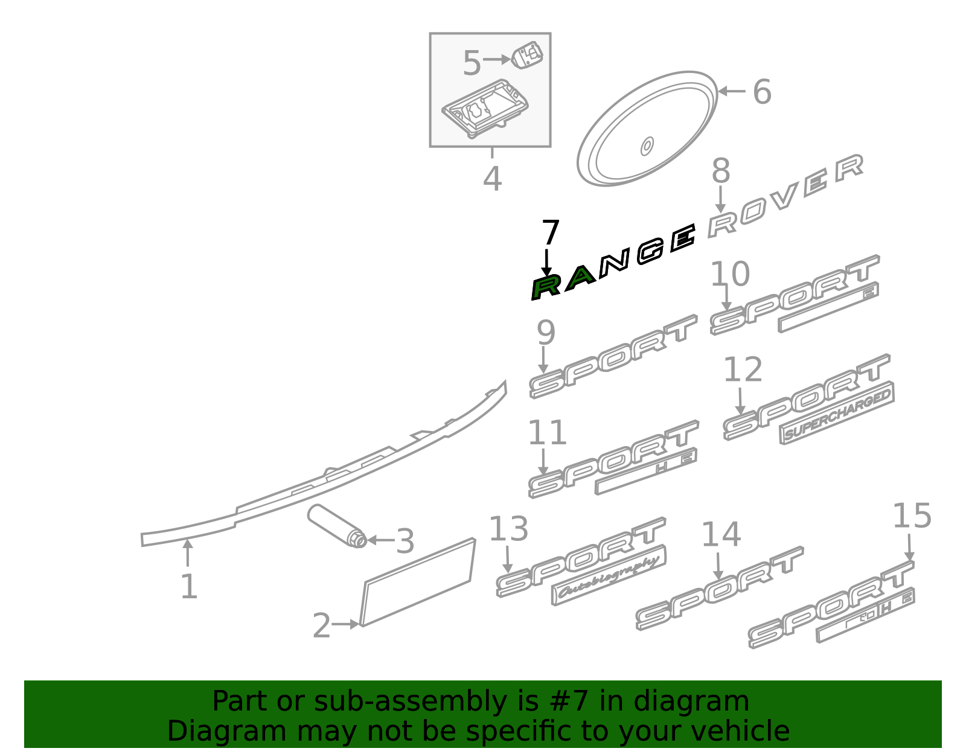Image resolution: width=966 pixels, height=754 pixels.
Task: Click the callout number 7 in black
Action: pyautogui.click(x=550, y=234)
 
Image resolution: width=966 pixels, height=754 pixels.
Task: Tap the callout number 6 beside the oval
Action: pyautogui.click(x=762, y=92)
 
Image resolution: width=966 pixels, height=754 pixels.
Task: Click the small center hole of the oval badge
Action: pyautogui.click(x=647, y=145)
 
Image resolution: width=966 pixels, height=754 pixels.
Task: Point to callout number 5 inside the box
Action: pyautogui.click(x=472, y=63)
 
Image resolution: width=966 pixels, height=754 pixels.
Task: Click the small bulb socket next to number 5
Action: pyautogui.click(x=528, y=56)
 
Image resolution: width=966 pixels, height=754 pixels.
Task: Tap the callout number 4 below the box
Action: pyautogui.click(x=492, y=179)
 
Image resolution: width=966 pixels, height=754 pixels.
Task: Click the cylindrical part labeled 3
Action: pyautogui.click(x=336, y=525)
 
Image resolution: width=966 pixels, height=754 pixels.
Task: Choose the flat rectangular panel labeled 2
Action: pyautogui.click(x=417, y=583)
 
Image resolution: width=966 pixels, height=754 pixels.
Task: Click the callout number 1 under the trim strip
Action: pyautogui.click(x=188, y=587)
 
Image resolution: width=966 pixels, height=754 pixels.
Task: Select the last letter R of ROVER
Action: pyautogui.click(x=850, y=168)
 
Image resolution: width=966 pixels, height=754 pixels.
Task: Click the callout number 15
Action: pyautogui.click(x=911, y=517)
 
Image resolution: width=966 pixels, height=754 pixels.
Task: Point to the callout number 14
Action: pyautogui.click(x=720, y=535)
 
